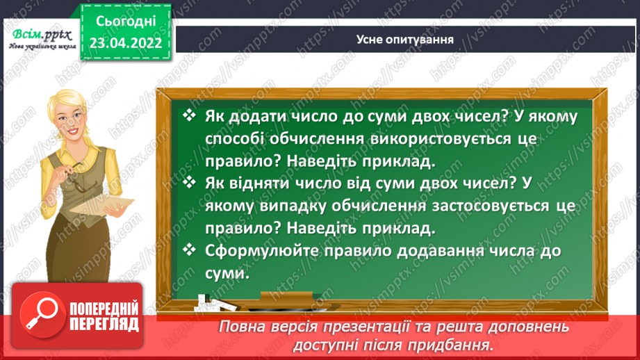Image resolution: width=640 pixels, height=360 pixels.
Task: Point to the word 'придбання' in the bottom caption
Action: [x=456, y=345]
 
